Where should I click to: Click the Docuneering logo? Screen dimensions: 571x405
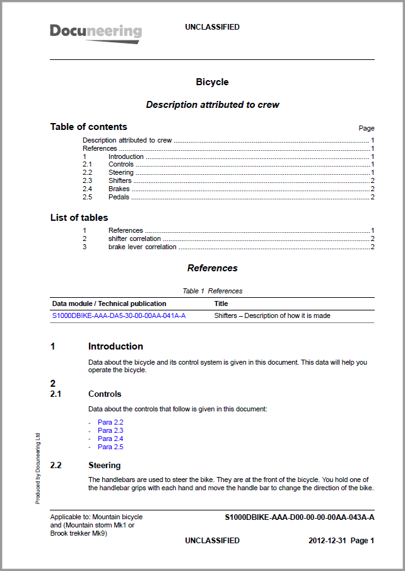pos(96,32)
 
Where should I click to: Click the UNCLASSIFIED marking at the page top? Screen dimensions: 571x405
pos(212,27)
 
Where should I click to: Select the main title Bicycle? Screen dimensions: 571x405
pos(212,82)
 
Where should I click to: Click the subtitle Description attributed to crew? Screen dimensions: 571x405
pos(212,105)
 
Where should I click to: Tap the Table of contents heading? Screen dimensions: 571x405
pos(88,127)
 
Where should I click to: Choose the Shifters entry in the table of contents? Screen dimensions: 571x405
pos(120,180)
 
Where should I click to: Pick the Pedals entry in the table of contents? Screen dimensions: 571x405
pos(119,197)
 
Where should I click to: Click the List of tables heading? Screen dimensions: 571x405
pos(79,218)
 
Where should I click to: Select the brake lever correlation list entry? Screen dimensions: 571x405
pos(142,247)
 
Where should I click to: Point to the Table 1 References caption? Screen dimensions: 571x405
pos(212,291)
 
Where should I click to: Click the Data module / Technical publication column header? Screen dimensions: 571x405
pos(109,303)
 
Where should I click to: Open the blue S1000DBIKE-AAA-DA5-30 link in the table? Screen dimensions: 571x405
pos(119,315)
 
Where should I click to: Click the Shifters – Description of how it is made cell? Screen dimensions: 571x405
pos(272,315)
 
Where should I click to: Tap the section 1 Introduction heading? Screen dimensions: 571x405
pos(115,346)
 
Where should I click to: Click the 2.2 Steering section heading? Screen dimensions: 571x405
pos(104,466)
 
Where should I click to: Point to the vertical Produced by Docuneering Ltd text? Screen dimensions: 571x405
pos(38,468)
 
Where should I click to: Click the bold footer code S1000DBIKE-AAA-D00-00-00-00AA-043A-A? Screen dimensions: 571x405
pos(299,517)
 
